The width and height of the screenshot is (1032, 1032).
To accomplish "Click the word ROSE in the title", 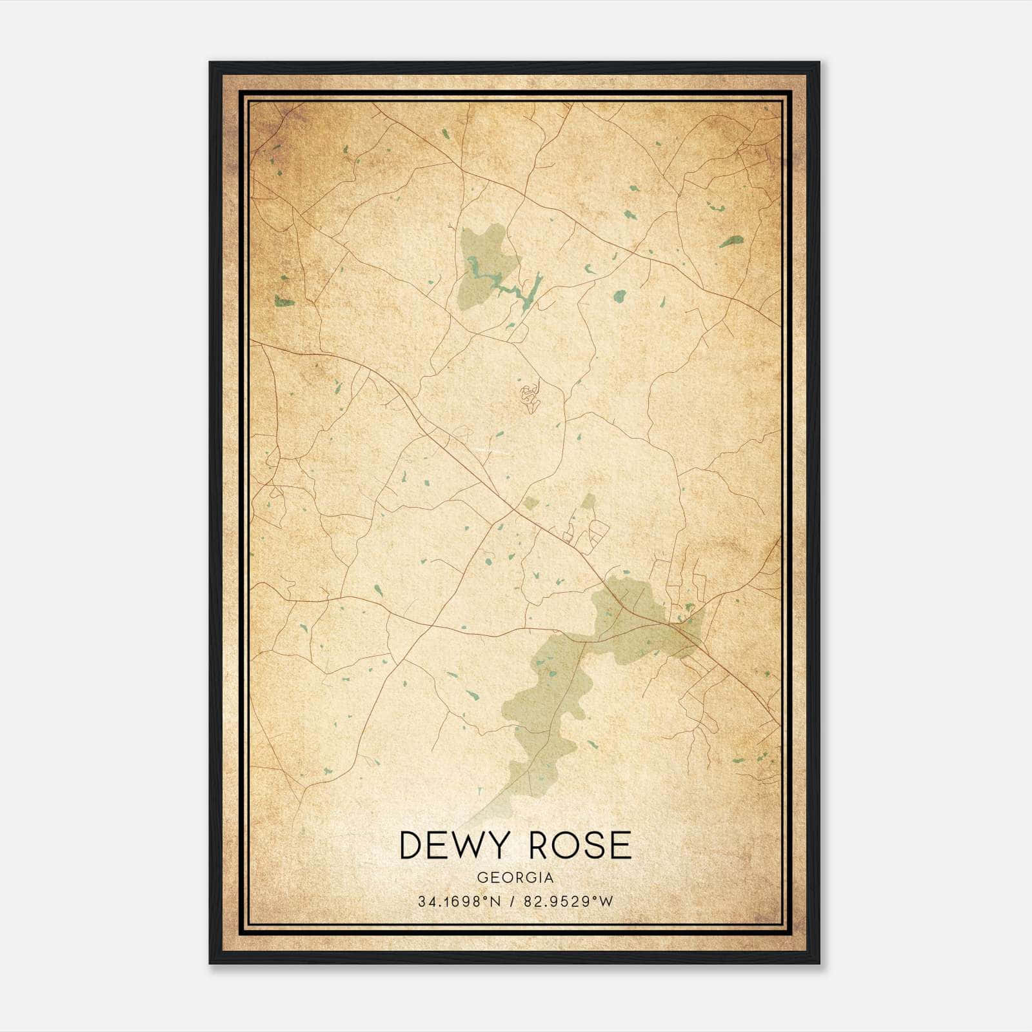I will point(580,846).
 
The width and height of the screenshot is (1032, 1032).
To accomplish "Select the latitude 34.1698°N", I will point(459,902).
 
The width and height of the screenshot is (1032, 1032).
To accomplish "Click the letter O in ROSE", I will point(559,846).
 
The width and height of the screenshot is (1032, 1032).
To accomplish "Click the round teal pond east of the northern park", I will point(619,296).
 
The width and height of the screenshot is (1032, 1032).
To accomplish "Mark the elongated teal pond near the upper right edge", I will point(731,242).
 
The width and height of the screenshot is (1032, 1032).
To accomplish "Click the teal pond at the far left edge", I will point(284,301).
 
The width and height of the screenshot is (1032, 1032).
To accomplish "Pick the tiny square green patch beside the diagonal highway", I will point(530,502).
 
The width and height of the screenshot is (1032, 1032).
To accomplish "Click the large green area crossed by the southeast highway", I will point(639,619).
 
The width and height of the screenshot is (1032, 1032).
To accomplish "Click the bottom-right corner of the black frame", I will point(819,963).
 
